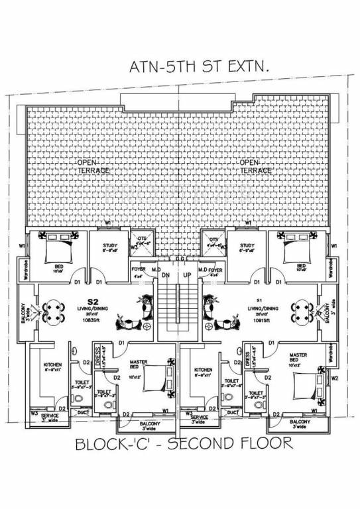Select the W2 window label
click(335, 378)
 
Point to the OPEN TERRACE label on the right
click(255, 166)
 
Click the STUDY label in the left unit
click(110, 247)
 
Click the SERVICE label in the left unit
click(50, 416)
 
